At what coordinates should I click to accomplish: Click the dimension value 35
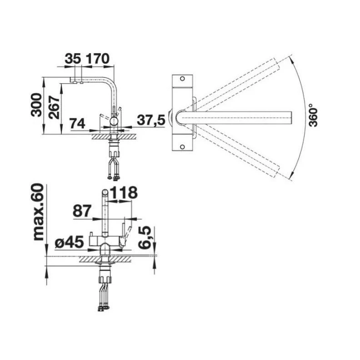73,59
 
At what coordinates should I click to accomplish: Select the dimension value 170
98,59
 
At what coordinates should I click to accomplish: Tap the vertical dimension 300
37,105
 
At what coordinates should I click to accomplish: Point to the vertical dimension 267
54,107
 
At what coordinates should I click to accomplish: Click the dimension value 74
78,123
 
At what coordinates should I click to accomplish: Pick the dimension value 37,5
151,120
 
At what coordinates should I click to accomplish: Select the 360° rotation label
313,115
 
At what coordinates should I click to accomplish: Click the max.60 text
38,212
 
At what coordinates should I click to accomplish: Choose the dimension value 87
82,211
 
